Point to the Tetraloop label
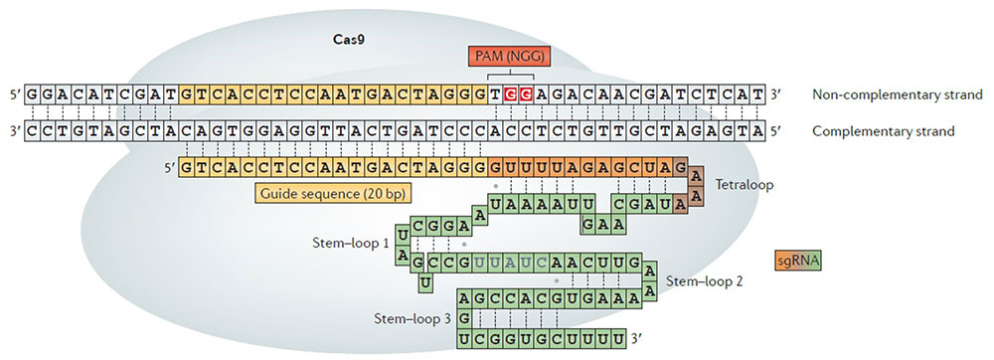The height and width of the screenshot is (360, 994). pos(744,186)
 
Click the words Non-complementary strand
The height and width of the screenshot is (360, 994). pos(898,95)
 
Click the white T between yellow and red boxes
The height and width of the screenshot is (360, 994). pos(495,95)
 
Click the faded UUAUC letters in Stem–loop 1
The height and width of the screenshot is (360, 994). pos(510,263)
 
